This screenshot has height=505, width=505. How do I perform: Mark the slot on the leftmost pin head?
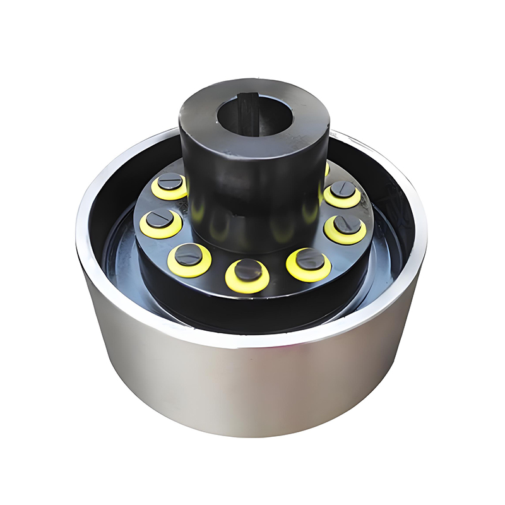pyautogui.click(x=160, y=219)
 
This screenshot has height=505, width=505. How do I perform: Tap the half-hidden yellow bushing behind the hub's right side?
pyautogui.click(x=326, y=169)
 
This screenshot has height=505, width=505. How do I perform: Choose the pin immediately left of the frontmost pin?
pyautogui.click(x=189, y=254)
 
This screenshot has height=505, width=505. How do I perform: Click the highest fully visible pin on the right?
pyautogui.click(x=343, y=189)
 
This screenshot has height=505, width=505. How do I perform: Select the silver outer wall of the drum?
pyautogui.click(x=252, y=391)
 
